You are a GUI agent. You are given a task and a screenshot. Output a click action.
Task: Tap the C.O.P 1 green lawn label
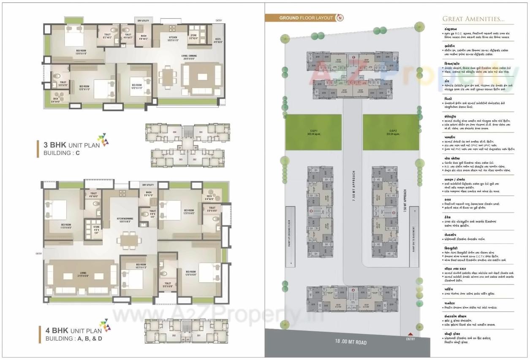pos(313,131)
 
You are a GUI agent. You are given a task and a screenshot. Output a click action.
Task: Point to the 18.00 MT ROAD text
pos(351,342)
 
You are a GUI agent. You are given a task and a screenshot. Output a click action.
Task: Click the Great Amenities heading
pos(473,19)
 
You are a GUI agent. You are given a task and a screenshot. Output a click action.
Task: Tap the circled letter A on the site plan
pos(353,290)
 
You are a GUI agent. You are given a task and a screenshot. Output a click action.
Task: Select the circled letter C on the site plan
pos(353,57)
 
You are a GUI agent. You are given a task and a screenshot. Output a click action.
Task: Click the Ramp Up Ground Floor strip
pos(290,236)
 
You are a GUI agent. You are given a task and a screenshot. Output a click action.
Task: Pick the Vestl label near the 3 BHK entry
pos(217,41)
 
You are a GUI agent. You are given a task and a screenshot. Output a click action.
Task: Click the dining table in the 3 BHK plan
pos(169,77)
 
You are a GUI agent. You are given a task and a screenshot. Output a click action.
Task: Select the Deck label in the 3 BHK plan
pos(56,100)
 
